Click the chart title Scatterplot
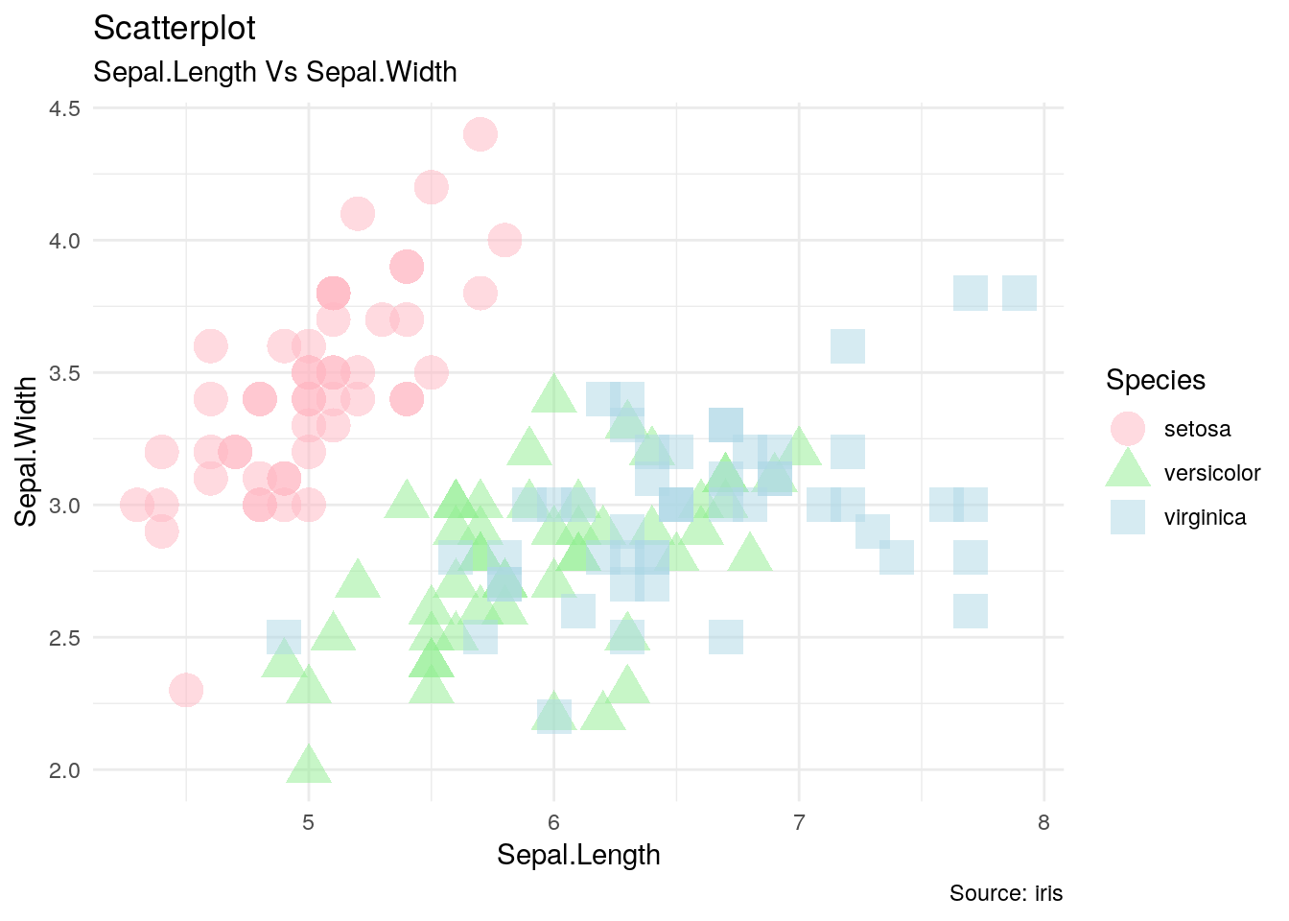(175, 29)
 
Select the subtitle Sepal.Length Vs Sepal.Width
(274, 72)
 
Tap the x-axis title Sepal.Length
(578, 855)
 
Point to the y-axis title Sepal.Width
(27, 451)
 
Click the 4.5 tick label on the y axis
(64, 108)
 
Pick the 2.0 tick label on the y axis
(64, 769)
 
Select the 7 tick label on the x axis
(799, 822)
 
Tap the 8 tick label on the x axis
(1043, 822)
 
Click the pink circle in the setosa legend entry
(1128, 429)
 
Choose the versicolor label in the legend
(1211, 473)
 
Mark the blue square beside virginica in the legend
(1128, 517)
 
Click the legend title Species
(1155, 380)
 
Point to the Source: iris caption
(1006, 893)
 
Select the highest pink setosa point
(480, 134)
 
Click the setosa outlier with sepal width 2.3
(186, 690)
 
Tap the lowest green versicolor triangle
(309, 766)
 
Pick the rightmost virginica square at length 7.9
(1019, 293)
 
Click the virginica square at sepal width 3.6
(848, 346)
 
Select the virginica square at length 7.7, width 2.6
(971, 611)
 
